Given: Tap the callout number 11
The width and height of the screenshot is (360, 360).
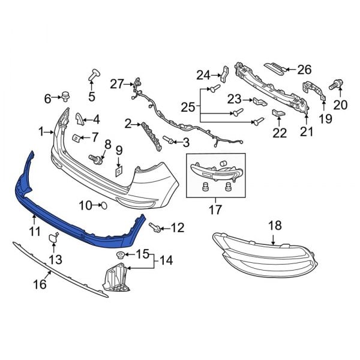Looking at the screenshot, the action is [x=35, y=232].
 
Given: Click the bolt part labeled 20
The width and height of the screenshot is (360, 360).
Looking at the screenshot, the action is [x=336, y=84].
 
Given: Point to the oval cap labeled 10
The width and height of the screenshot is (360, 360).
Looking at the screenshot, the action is [x=104, y=205].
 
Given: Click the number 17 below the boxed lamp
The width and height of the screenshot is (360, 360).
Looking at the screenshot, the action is [x=215, y=209].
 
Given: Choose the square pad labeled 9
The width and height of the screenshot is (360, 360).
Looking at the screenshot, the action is [x=119, y=172].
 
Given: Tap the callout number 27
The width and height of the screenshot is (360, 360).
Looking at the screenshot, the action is [x=117, y=84].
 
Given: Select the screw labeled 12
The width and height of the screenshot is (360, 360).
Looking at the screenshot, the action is [x=155, y=227].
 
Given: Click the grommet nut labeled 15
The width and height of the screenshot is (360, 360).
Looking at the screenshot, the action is [x=119, y=255].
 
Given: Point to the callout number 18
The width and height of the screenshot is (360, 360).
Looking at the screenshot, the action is [x=275, y=226].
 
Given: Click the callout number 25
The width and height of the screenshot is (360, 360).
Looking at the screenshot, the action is [x=188, y=107].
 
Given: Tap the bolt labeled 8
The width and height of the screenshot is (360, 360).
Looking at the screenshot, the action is [x=96, y=159].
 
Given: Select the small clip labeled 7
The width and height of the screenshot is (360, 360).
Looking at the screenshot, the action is [x=76, y=137].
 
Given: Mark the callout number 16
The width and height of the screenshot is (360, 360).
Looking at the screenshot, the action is [x=40, y=284].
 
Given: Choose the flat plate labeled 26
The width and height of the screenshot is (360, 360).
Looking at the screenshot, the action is [x=275, y=67].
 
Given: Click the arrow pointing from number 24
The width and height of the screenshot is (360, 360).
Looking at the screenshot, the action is [x=215, y=75].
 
